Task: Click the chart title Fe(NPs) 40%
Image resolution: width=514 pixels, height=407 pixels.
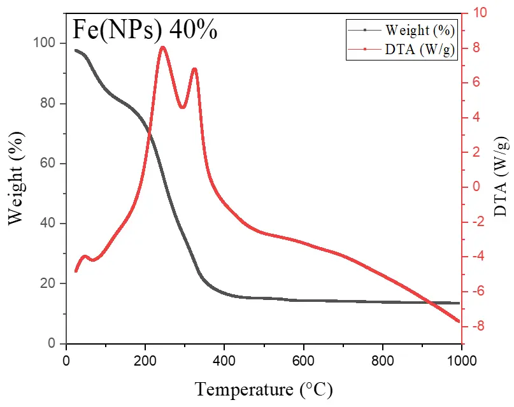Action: click(144, 29)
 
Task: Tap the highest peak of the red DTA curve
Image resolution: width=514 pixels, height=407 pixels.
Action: click(163, 47)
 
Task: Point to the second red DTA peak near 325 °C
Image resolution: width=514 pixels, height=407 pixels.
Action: click(194, 69)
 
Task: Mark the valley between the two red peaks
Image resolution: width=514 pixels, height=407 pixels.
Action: click(183, 107)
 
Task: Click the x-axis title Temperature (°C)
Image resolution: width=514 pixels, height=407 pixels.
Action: click(264, 388)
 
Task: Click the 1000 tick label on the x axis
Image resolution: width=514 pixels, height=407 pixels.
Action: click(461, 360)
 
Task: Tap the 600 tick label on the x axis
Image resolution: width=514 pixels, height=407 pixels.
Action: click(303, 360)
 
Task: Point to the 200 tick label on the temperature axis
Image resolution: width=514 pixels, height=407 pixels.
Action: click(145, 360)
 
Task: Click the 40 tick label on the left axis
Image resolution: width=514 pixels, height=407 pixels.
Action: click(49, 224)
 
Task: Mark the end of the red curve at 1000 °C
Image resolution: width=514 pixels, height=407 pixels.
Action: click(459, 321)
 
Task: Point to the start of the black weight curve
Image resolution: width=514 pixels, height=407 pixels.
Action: click(75, 50)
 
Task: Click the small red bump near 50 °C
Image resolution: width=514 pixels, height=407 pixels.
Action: click(85, 257)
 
